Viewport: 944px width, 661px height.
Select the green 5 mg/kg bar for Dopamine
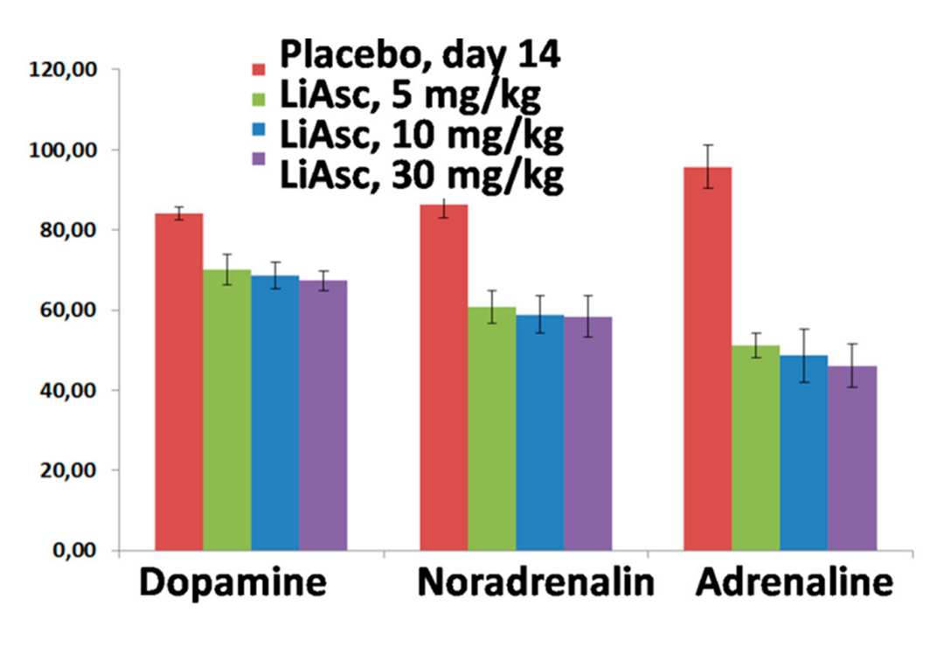(x=226, y=410)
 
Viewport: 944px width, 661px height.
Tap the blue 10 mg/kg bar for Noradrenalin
(x=539, y=433)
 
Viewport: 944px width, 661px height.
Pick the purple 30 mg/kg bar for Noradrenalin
(x=587, y=434)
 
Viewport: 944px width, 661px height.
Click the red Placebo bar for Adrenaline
(x=707, y=358)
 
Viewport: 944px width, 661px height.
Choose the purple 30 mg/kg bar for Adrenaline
(x=852, y=458)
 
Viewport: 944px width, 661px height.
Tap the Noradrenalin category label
(x=536, y=584)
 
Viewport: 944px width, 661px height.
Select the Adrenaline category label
(x=795, y=584)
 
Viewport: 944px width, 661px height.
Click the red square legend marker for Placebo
(x=259, y=69)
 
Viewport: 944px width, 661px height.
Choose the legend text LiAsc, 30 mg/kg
(x=421, y=174)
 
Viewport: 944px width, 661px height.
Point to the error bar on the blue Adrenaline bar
(x=804, y=355)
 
